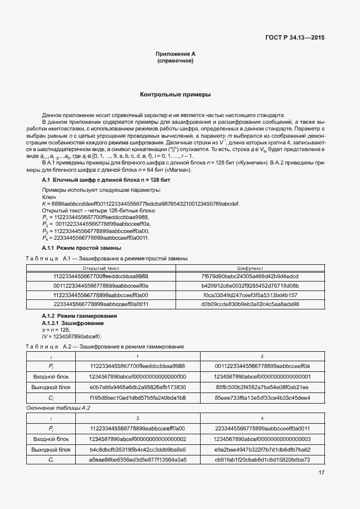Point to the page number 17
[322, 473]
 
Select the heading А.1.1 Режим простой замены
[82, 248]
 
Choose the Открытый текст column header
[100, 268]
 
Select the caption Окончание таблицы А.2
[59, 408]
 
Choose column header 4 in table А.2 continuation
[262, 418]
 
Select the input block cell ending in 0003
[262, 439]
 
